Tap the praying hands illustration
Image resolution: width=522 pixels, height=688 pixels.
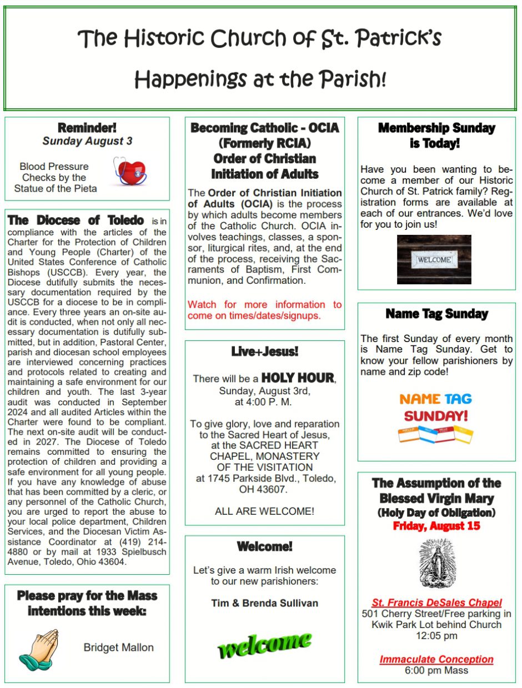(x=39, y=648)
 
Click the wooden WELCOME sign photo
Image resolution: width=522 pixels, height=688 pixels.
(x=434, y=259)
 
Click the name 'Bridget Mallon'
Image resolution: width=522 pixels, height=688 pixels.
(x=118, y=647)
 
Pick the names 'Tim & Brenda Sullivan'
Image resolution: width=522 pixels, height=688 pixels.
(x=264, y=602)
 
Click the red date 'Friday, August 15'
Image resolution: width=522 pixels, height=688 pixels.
(x=436, y=526)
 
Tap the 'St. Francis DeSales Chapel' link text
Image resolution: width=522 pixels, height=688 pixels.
(x=436, y=602)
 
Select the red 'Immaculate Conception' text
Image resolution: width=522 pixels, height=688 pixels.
(x=436, y=659)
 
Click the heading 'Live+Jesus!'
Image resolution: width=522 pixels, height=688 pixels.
(x=264, y=351)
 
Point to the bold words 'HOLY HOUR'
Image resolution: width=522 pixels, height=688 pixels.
(x=298, y=378)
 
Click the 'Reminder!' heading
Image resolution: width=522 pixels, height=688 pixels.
(x=87, y=128)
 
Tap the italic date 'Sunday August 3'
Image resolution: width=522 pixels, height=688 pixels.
(x=87, y=141)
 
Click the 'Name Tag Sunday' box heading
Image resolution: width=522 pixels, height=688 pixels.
(x=436, y=314)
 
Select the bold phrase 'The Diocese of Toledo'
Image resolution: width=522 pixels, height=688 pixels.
(x=76, y=220)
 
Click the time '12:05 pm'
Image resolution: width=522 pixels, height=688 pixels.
(x=436, y=636)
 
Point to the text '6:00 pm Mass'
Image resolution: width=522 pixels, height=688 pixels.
(x=436, y=670)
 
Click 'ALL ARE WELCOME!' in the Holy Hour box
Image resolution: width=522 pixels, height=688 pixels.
(x=264, y=511)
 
